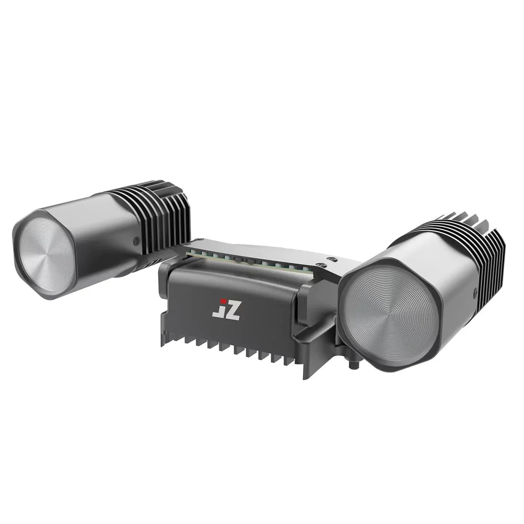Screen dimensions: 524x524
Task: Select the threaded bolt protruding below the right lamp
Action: click(353, 362)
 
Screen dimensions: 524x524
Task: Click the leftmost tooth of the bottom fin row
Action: click(165, 341)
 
